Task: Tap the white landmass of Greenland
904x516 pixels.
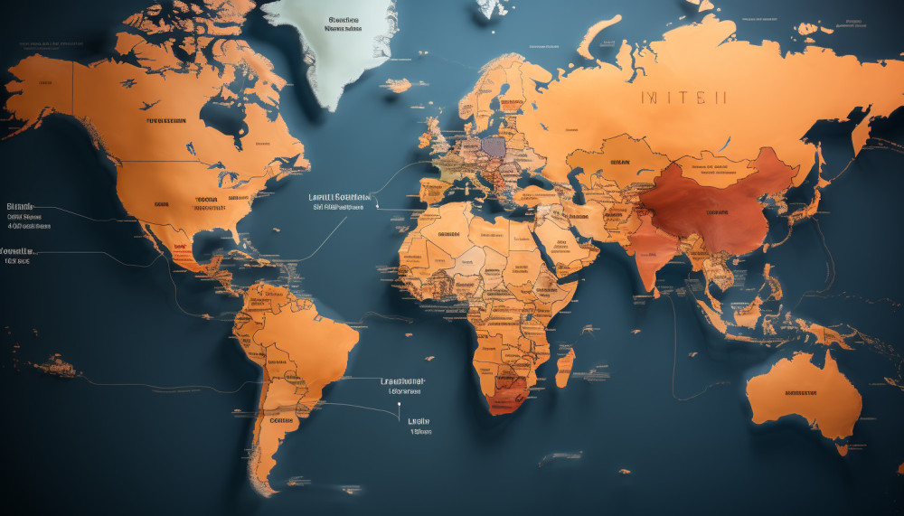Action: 339,45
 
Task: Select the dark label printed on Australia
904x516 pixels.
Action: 800,393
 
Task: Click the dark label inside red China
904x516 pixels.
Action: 718,212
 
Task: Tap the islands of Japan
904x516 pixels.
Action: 818,194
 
